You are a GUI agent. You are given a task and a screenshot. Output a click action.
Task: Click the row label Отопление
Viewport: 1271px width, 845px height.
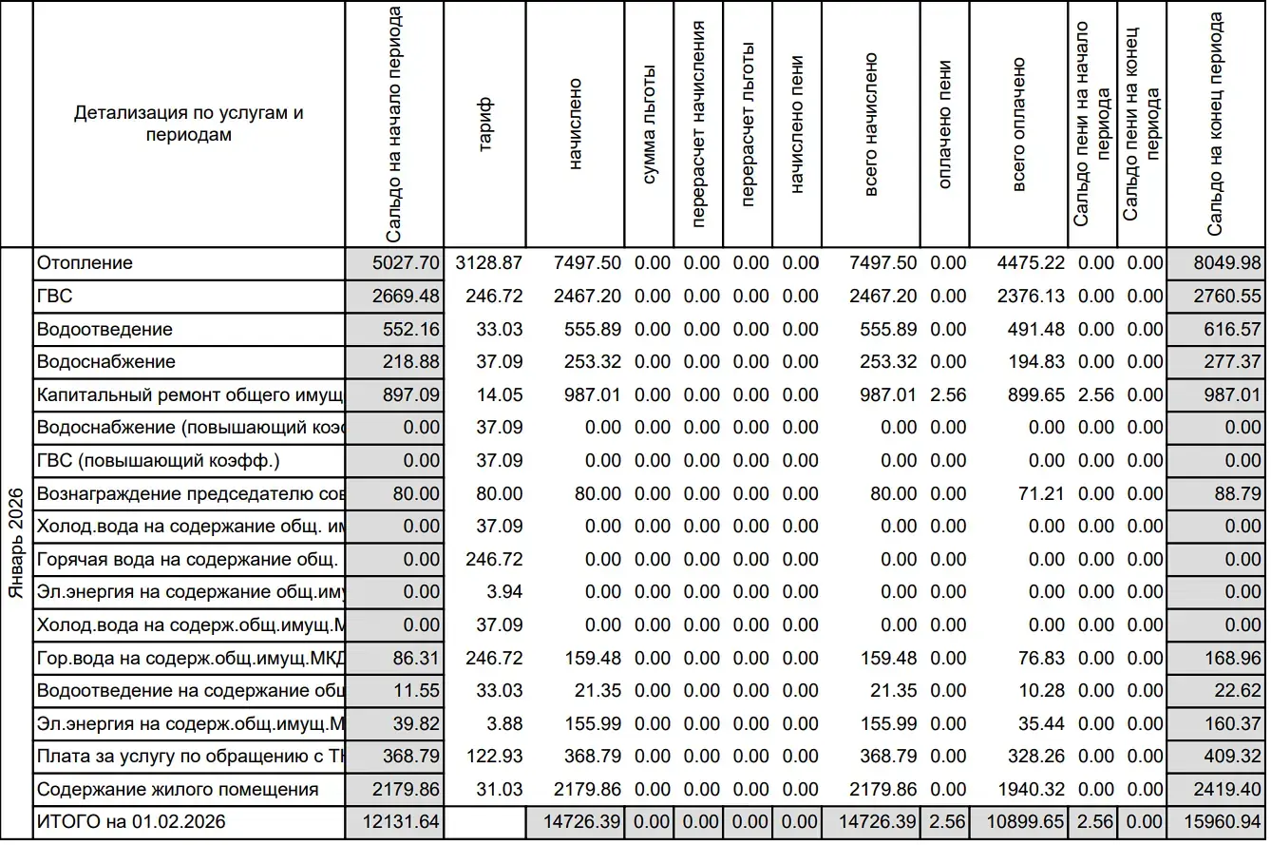85,263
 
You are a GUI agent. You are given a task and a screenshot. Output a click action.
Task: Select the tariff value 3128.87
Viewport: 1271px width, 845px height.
489,263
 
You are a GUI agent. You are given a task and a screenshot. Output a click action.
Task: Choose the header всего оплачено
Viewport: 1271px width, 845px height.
1018,125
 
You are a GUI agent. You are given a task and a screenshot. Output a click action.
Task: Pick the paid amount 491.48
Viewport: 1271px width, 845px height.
1037,330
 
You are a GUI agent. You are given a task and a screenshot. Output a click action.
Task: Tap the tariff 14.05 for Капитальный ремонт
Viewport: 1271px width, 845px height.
500,395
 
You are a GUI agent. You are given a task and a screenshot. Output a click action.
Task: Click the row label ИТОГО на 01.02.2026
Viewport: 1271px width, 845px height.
131,822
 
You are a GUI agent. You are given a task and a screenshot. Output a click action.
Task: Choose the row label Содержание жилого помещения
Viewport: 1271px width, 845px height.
177,790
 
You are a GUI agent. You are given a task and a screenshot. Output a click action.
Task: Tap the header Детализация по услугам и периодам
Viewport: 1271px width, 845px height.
189,124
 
